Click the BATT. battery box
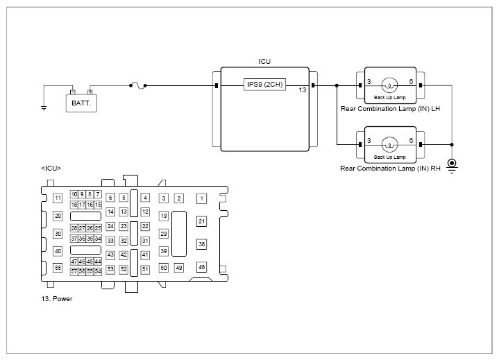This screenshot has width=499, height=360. (81, 103)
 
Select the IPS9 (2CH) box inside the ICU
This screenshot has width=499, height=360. (265, 85)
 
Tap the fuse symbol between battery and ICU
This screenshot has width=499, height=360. (138, 85)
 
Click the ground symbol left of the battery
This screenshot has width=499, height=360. (44, 108)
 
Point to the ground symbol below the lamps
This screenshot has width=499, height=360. (452, 165)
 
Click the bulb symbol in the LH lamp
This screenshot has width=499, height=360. (389, 85)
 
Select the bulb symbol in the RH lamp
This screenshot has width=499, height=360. (389, 145)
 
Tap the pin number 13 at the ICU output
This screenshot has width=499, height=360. (303, 90)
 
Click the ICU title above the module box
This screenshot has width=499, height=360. (265, 61)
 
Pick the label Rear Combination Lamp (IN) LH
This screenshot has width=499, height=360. (390, 109)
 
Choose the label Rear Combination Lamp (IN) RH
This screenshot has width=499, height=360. (390, 169)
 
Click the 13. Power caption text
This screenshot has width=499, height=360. (57, 299)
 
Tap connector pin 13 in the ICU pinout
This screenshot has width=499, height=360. (124, 212)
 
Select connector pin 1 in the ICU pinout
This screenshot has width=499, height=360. (201, 198)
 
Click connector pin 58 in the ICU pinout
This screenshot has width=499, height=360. (58, 268)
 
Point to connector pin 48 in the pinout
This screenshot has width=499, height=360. (201, 267)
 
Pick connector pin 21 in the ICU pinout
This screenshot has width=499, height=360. (201, 221)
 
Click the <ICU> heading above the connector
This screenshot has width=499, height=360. (51, 168)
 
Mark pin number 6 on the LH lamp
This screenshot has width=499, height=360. (411, 81)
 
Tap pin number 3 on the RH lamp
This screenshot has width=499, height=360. (369, 141)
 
